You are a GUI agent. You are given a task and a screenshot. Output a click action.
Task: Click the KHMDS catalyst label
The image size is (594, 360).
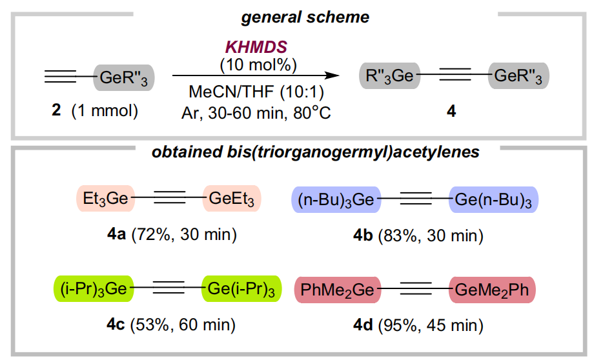(256, 47)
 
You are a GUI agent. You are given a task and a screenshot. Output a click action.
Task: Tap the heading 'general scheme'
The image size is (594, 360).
(305, 17)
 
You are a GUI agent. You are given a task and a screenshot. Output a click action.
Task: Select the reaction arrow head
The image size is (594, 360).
(333, 75)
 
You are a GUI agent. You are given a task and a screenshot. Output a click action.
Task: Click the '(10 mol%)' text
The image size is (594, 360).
(258, 65)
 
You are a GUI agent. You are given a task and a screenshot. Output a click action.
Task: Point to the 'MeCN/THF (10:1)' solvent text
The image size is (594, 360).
(256, 92)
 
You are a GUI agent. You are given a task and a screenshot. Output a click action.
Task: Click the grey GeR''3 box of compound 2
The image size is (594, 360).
(124, 77)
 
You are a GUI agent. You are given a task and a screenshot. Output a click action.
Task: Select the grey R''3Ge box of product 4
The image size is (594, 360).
(389, 75)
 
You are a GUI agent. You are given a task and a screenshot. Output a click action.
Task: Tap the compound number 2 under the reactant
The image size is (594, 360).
(56, 110)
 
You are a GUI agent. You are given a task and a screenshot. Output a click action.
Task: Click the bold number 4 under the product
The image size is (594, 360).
(451, 111)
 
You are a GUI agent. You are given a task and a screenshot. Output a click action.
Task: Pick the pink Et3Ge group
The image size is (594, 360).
(106, 198)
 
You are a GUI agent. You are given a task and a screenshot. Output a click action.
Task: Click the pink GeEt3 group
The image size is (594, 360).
(232, 198)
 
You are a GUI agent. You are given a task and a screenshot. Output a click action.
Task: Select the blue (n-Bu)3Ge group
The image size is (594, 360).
(336, 199)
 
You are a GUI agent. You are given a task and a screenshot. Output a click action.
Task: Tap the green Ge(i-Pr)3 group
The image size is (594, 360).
(241, 289)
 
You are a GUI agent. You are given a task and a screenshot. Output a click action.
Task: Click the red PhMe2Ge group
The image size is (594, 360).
(338, 290)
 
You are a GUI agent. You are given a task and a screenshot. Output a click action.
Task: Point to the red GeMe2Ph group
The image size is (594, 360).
(492, 290)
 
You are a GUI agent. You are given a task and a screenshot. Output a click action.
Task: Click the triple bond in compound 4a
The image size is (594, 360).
(170, 197)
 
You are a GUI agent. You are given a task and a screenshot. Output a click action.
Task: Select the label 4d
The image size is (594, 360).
(363, 325)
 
